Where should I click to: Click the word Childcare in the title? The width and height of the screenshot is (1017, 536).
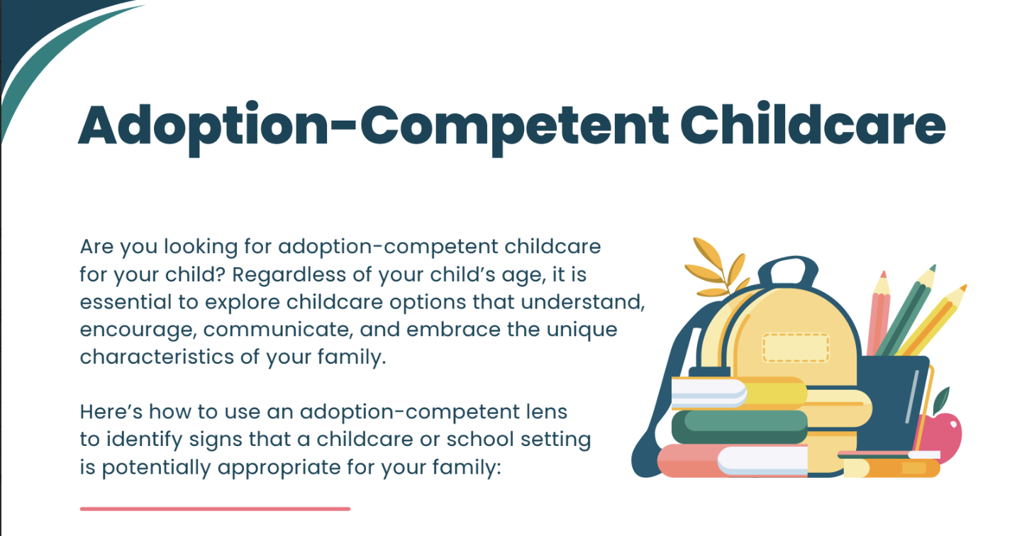pos(813,124)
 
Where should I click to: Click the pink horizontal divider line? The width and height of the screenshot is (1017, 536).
pos(215,509)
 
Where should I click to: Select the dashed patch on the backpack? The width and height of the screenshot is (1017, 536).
pos(796,348)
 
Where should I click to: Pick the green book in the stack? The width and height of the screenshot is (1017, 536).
pos(740,427)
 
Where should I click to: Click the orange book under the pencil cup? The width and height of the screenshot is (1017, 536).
pos(891,467)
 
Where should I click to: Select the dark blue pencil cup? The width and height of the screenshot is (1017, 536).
pos(891,404)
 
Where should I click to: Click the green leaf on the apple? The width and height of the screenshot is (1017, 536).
pos(942,400)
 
